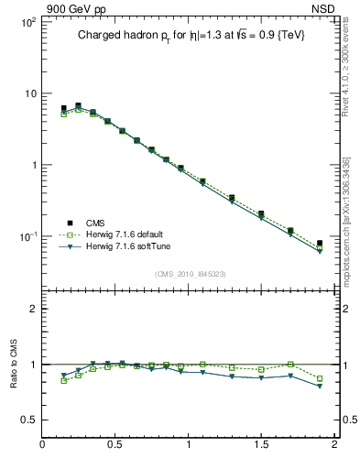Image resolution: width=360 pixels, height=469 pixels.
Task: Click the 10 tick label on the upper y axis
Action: (29, 93)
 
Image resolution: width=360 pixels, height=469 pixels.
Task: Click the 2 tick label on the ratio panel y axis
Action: (33, 309)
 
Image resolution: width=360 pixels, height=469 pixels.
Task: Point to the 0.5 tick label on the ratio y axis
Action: (29, 420)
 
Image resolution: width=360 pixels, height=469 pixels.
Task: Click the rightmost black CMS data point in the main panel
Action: (320, 244)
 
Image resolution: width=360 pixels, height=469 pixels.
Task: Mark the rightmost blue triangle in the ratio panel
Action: (320, 387)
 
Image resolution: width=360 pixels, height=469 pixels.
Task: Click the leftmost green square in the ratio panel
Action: (63, 380)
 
